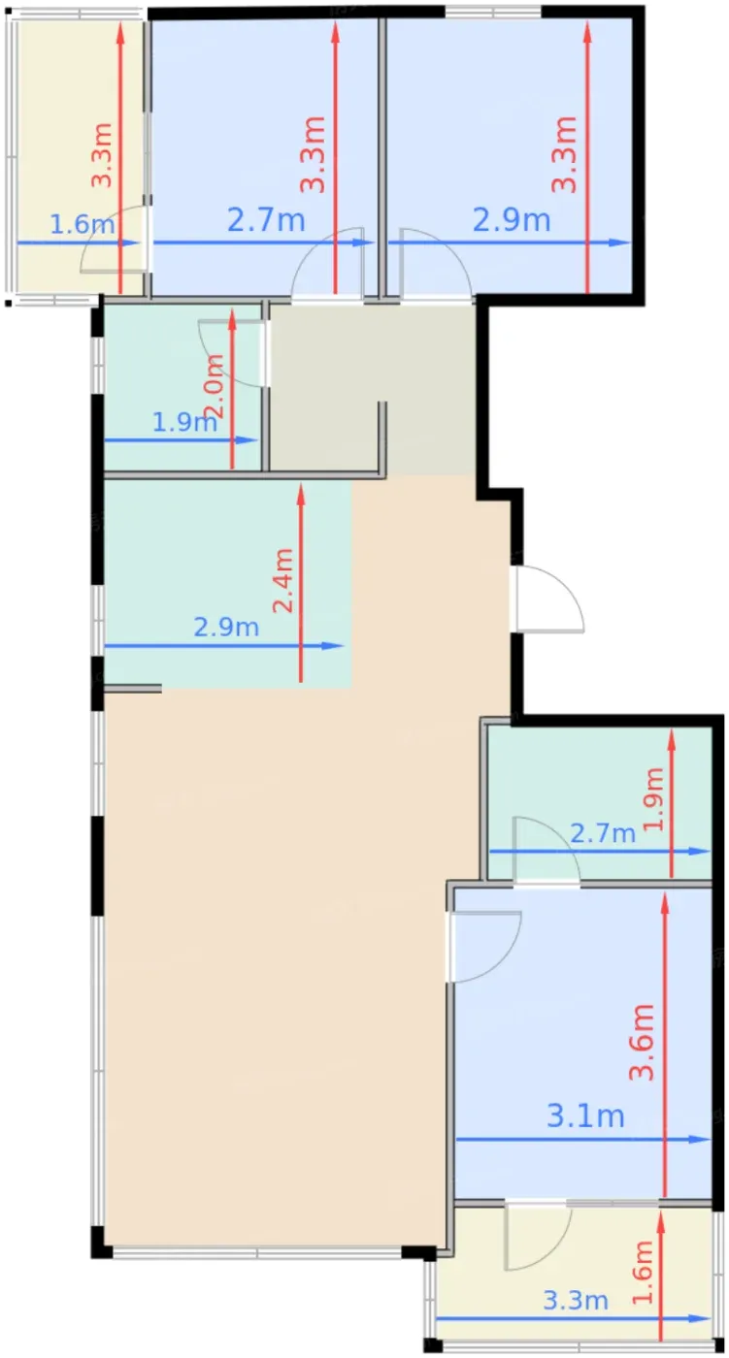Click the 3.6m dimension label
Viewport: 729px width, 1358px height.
(642, 1042)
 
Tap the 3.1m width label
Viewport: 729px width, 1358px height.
(585, 1115)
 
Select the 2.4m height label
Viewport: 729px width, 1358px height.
(283, 580)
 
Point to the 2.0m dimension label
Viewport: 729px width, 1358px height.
(215, 386)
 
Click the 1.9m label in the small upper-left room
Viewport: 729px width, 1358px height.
(184, 421)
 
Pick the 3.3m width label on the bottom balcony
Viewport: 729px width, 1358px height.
(575, 1300)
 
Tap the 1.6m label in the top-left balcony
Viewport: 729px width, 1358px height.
(82, 224)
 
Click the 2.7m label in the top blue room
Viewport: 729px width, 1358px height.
(266, 219)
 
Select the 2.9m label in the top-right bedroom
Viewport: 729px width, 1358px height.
(512, 219)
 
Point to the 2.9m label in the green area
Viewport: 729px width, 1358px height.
(226, 627)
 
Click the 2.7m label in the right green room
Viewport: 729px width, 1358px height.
(603, 833)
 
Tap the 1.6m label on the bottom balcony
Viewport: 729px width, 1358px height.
(642, 1272)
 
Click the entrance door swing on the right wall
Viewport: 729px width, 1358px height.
(548, 599)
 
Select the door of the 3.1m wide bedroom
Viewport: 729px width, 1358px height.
(484, 947)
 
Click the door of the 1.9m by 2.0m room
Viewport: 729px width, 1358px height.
(233, 351)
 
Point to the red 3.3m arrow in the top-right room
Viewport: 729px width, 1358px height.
(587, 157)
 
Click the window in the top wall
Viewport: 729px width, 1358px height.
(492, 12)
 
